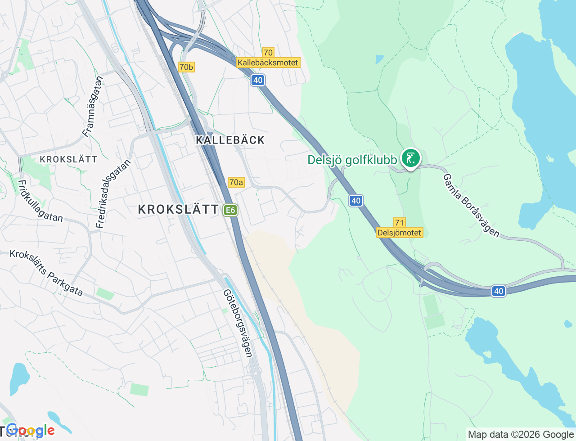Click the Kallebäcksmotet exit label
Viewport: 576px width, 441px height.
point(268,63)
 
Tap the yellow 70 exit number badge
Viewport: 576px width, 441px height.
point(268,53)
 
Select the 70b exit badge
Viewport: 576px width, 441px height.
point(186,67)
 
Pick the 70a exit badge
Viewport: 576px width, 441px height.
point(236,182)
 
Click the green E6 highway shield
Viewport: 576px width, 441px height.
point(230,210)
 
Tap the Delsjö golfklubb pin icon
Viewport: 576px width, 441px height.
point(410,158)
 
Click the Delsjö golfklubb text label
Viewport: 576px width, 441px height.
point(352,160)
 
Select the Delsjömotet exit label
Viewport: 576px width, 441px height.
point(399,233)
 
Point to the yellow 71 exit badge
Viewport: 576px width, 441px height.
point(399,223)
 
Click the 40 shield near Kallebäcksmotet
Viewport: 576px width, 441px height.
point(257,81)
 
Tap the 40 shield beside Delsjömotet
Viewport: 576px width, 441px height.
point(356,201)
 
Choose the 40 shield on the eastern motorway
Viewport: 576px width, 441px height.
point(498,291)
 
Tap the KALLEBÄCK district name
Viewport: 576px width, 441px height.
point(230,140)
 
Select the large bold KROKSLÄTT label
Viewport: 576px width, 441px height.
point(178,209)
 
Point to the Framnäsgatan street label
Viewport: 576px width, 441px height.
point(93,106)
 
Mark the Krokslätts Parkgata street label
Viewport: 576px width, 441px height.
point(46,273)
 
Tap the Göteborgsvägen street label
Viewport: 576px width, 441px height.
point(238,323)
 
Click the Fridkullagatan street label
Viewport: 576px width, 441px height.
point(40,201)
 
